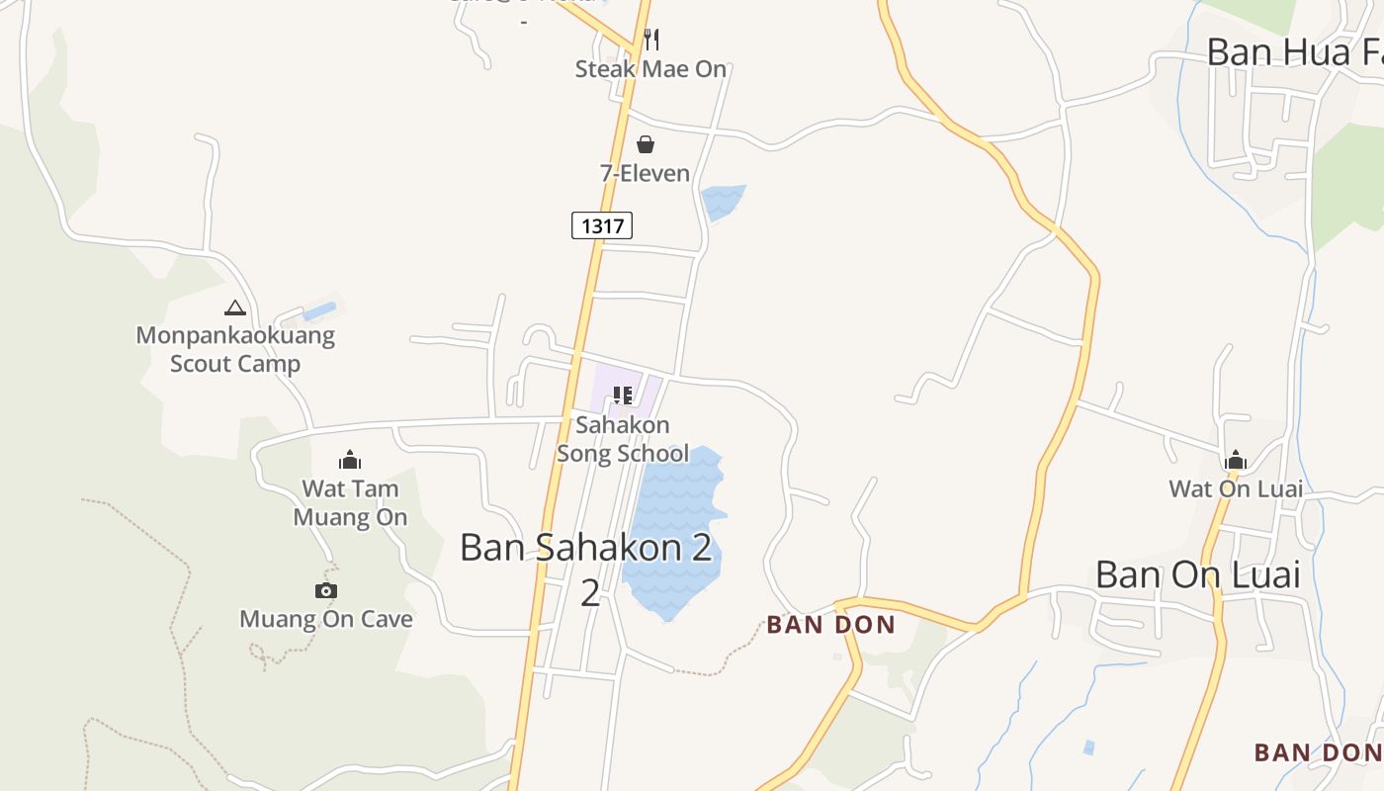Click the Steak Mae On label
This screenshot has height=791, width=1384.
tap(650, 69)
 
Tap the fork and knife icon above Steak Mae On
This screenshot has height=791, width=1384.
tap(650, 40)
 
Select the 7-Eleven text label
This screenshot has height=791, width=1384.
tap(645, 174)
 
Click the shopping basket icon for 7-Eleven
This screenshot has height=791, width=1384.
tap(645, 145)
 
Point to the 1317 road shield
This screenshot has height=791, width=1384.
tap(602, 225)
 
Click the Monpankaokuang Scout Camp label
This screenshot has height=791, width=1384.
tap(235, 350)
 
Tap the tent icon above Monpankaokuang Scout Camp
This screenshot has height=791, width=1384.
tap(234, 308)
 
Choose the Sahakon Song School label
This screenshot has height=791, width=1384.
tap(623, 439)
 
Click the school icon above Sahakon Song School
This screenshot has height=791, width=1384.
tap(622, 396)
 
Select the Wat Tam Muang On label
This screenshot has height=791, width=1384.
tap(350, 502)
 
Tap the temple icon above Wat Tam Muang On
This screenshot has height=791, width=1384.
tap(350, 460)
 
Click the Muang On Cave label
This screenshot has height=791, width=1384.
tap(326, 620)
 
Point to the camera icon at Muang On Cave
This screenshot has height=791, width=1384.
tap(326, 590)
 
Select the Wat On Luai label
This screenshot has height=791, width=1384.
tap(1236, 488)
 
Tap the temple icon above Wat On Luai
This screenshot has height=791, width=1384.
tap(1236, 460)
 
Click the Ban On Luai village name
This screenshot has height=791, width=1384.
tap(1198, 574)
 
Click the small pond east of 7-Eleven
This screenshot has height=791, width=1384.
tap(722, 202)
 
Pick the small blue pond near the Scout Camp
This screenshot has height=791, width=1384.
tap(319, 311)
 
